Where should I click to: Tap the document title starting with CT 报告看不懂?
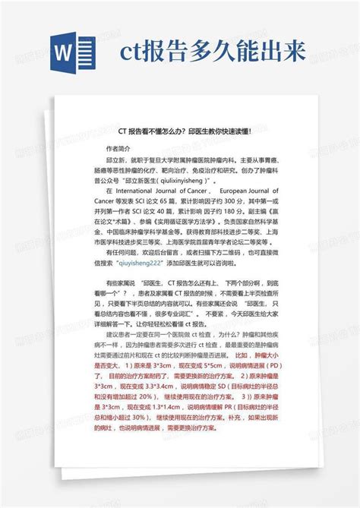point(178,131)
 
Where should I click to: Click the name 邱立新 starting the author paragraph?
point(118,161)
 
